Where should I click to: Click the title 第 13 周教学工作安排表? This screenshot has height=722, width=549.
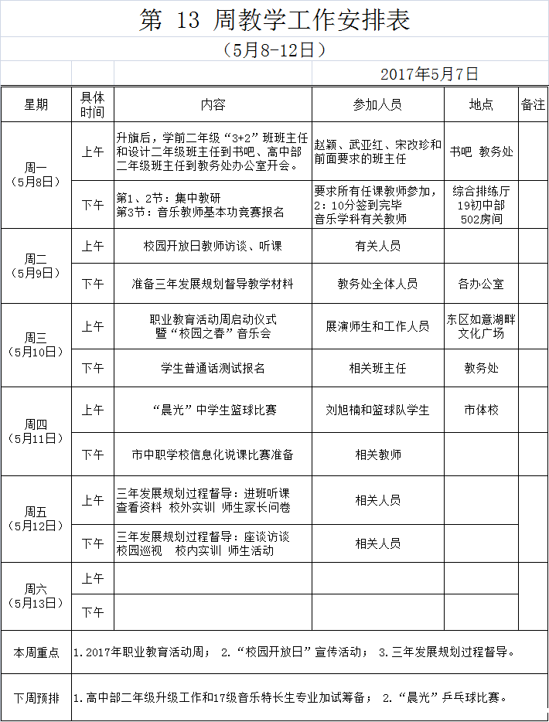(274, 20)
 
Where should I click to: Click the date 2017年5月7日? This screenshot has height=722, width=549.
(429, 74)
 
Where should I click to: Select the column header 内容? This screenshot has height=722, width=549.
(213, 104)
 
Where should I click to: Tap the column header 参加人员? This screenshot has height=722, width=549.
(377, 104)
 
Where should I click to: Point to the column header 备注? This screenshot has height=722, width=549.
(533, 104)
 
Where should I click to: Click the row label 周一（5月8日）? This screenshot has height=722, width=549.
(36, 175)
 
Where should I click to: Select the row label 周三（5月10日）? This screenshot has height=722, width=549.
(36, 345)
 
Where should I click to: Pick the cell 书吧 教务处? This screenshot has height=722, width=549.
(481, 152)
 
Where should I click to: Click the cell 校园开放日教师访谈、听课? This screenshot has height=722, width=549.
(213, 246)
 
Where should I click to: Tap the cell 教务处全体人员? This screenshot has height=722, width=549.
(377, 284)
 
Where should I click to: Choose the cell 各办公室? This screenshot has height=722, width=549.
(481, 284)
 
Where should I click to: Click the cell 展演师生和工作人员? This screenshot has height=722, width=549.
(377, 326)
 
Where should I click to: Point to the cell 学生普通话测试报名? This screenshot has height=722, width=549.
(213, 368)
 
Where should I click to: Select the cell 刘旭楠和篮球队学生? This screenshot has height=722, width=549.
(377, 410)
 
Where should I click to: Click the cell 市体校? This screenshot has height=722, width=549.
(481, 410)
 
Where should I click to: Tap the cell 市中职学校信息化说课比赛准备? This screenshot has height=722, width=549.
(213, 455)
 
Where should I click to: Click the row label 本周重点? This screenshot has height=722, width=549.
(36, 652)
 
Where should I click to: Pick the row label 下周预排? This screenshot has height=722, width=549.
(36, 697)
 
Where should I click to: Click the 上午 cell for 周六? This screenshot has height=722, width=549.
(93, 578)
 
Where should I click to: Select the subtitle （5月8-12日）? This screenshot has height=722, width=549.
(274, 49)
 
